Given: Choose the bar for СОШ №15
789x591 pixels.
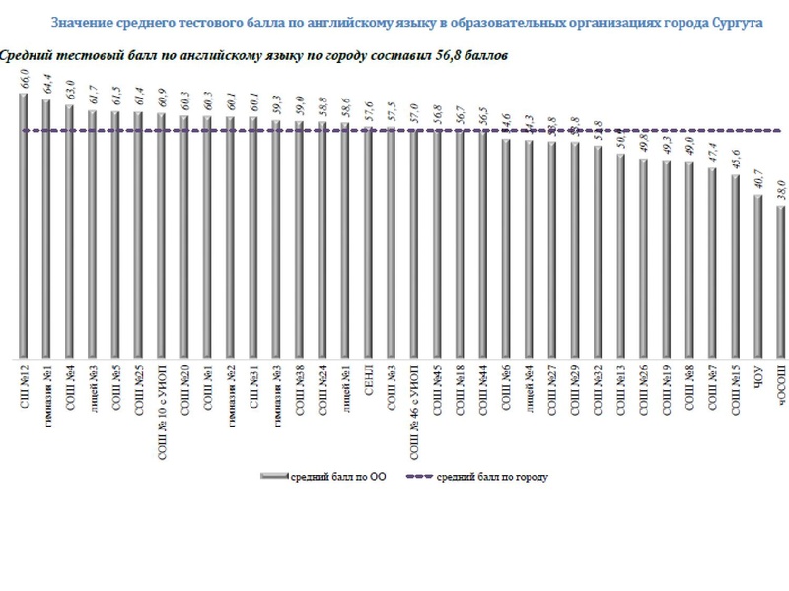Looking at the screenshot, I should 735,266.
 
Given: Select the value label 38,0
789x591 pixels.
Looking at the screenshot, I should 781,191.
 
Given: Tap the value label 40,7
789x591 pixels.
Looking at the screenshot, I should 758,181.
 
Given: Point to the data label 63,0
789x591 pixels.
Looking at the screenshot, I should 70,91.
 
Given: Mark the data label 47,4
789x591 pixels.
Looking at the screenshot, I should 712,155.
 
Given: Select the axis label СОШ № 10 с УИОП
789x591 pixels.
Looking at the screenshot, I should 162,405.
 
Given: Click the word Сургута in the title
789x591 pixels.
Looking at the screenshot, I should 736,22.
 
